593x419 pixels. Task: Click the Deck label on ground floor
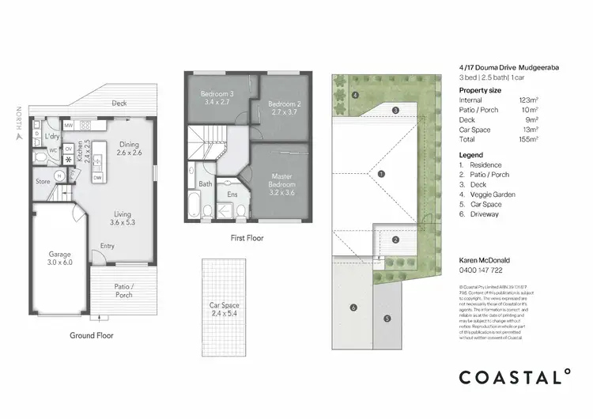coord(119,104)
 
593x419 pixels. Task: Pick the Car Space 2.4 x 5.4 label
coord(225,309)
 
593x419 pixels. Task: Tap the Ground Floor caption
coord(91,335)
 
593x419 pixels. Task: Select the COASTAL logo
coord(514,377)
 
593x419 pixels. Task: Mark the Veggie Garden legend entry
coord(489,194)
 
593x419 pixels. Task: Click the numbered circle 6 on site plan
coord(353,308)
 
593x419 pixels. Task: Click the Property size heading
coord(480,90)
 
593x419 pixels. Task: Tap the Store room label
coord(42,181)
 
